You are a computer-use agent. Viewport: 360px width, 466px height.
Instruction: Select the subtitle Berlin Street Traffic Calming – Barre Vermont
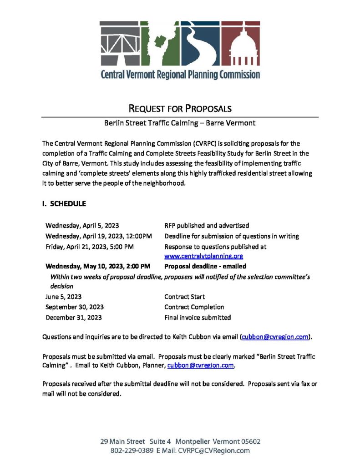coord(180,123)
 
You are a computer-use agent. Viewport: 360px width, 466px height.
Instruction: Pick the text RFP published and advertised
coord(206,226)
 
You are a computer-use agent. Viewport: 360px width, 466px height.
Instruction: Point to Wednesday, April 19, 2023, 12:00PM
coord(98,236)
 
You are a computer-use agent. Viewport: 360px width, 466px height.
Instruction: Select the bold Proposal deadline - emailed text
coord(205,266)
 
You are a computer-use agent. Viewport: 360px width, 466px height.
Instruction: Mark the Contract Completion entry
coord(194,307)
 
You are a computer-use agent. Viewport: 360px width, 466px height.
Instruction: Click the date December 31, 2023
coord(74,318)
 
